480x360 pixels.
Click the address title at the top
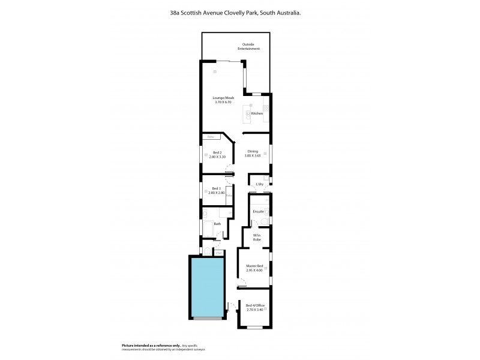pyautogui.click(x=240, y=11)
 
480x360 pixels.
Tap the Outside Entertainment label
pyautogui.click(x=251, y=46)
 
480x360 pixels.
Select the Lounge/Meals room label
pyautogui.click(x=223, y=98)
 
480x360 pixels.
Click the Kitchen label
pyautogui.click(x=257, y=113)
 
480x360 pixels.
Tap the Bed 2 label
pyautogui.click(x=218, y=152)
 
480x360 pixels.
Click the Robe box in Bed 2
pyautogui.click(x=210, y=137)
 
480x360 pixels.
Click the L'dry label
pyautogui.click(x=260, y=184)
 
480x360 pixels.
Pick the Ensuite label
pyautogui.click(x=259, y=211)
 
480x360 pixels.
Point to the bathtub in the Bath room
pyautogui.click(x=208, y=229)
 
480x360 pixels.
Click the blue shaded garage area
pyautogui.click(x=208, y=286)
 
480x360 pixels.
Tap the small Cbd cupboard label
pyautogui.click(x=220, y=253)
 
